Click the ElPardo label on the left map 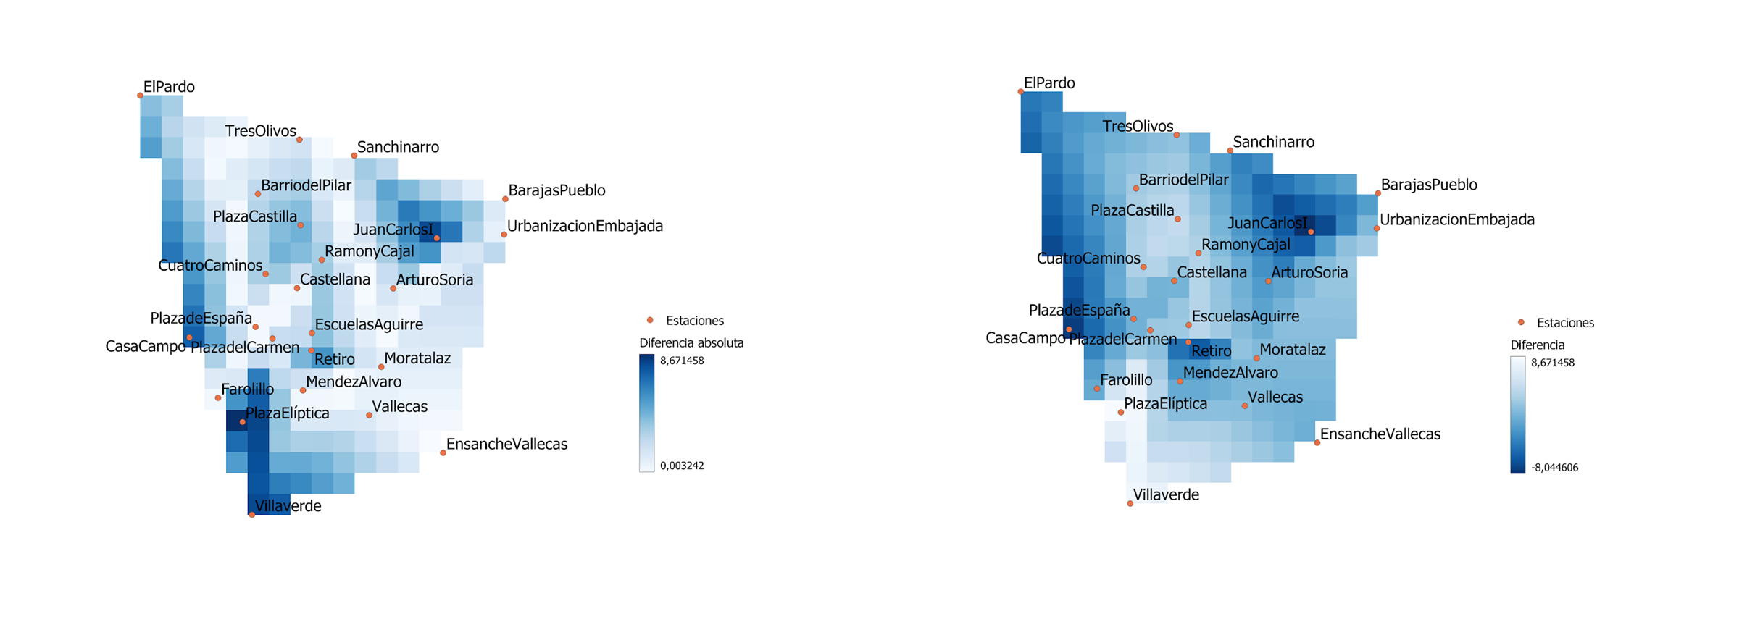click(169, 87)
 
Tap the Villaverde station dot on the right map click(1130, 503)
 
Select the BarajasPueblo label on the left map click(556, 190)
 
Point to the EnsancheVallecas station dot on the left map click(443, 452)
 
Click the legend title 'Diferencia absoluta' click(691, 342)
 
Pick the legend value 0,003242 click(682, 466)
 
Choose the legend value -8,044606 click(1554, 468)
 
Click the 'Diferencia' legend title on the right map click(1537, 345)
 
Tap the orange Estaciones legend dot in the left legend click(650, 320)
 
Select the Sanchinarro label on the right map click(1273, 142)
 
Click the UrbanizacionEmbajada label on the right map click(1456, 219)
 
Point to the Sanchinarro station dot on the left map click(354, 156)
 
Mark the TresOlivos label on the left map click(260, 131)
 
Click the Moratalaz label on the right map click(1293, 350)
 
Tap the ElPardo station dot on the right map click(1021, 92)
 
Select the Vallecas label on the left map click(399, 406)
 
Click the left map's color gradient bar click(646, 413)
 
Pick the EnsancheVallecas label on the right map click(1380, 434)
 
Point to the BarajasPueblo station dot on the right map click(1377, 193)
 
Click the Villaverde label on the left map click(288, 506)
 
